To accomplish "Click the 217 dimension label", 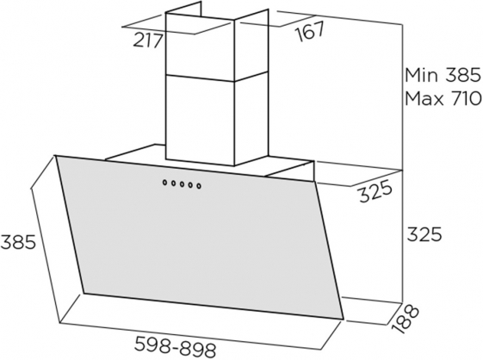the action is pos(148,40).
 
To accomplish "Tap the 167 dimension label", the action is pos(310,31).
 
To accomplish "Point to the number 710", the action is pos(466,99).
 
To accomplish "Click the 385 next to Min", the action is pos(462,75).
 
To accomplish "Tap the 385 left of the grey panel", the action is pos(18,242).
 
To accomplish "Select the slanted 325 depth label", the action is pos(375,193).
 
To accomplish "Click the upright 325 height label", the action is pos(424,234).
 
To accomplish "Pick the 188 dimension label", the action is pos(405,319).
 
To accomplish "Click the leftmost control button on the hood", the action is pos(165,183).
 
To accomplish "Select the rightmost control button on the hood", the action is pos(199,186).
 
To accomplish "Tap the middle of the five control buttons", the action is pos(182,184).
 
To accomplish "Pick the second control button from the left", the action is pos(174,183).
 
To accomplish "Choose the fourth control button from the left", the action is pos(190,185).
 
